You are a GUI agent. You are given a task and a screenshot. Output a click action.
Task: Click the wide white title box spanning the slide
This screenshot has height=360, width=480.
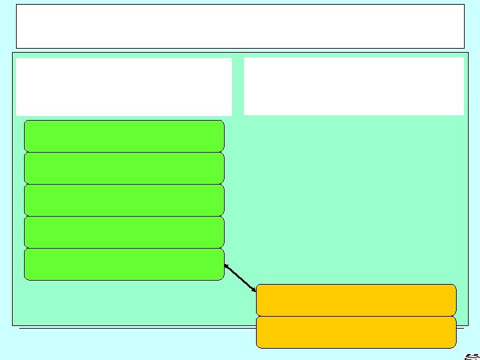[240, 26]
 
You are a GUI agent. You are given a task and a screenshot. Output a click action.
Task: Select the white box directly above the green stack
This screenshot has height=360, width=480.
[124, 87]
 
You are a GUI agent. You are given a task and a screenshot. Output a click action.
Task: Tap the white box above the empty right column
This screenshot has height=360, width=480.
[353, 86]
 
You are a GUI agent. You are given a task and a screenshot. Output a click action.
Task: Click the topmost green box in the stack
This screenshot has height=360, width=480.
[124, 136]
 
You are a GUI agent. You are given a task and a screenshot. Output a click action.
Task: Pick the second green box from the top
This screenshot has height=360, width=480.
[124, 168]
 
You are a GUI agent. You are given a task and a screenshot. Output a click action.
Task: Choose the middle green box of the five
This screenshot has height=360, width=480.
[124, 200]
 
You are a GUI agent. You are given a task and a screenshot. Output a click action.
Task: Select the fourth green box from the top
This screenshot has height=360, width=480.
[124, 232]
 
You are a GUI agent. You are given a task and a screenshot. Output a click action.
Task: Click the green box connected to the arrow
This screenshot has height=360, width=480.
[124, 264]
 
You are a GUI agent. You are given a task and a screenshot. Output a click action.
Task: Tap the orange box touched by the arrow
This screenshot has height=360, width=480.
[356, 299]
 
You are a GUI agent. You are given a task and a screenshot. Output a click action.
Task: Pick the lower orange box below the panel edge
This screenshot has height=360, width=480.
[356, 332]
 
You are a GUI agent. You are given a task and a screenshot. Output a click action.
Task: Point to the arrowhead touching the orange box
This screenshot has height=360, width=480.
[253, 289]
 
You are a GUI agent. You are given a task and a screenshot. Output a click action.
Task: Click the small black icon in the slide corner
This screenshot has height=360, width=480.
[470, 355]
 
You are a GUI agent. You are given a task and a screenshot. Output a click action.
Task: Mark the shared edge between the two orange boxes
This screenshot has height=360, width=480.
[356, 316]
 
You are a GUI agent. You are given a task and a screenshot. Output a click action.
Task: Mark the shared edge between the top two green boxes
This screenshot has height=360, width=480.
[124, 152]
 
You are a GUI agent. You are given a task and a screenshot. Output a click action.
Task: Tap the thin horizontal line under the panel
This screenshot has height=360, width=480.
[133, 328]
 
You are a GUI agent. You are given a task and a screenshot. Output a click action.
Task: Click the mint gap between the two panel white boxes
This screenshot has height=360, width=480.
[238, 87]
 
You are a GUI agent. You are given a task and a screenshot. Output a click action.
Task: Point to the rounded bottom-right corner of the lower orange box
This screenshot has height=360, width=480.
[454, 345]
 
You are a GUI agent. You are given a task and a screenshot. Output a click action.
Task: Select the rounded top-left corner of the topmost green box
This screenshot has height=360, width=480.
[27, 123]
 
